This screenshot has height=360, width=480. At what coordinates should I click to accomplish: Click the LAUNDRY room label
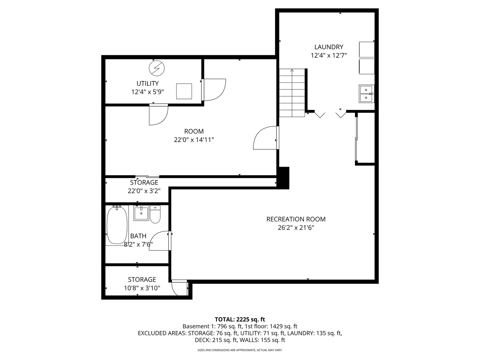328,47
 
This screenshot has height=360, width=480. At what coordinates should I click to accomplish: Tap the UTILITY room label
147,83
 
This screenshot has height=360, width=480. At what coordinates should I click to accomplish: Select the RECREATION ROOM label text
296,219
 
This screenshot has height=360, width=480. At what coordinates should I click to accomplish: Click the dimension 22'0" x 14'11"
194,140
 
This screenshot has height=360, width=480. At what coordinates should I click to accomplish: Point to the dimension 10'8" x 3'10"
142,288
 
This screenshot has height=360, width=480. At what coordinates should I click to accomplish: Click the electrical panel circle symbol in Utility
157,68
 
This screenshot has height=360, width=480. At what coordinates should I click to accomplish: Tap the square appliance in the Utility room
184,91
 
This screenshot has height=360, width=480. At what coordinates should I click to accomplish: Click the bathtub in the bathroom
117,225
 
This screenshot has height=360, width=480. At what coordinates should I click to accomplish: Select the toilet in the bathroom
155,214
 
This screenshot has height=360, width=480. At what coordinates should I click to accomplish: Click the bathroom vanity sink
141,213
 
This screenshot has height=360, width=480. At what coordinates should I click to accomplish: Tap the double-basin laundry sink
366,94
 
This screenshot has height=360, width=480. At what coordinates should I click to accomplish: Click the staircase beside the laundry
292,93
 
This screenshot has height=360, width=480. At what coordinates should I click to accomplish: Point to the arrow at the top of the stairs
292,70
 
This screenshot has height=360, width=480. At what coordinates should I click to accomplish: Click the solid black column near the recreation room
283,178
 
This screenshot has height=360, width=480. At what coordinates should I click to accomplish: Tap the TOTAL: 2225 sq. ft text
240,319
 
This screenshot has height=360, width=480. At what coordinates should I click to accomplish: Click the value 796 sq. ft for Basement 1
230,326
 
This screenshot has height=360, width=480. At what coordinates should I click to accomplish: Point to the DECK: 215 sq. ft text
216,340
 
